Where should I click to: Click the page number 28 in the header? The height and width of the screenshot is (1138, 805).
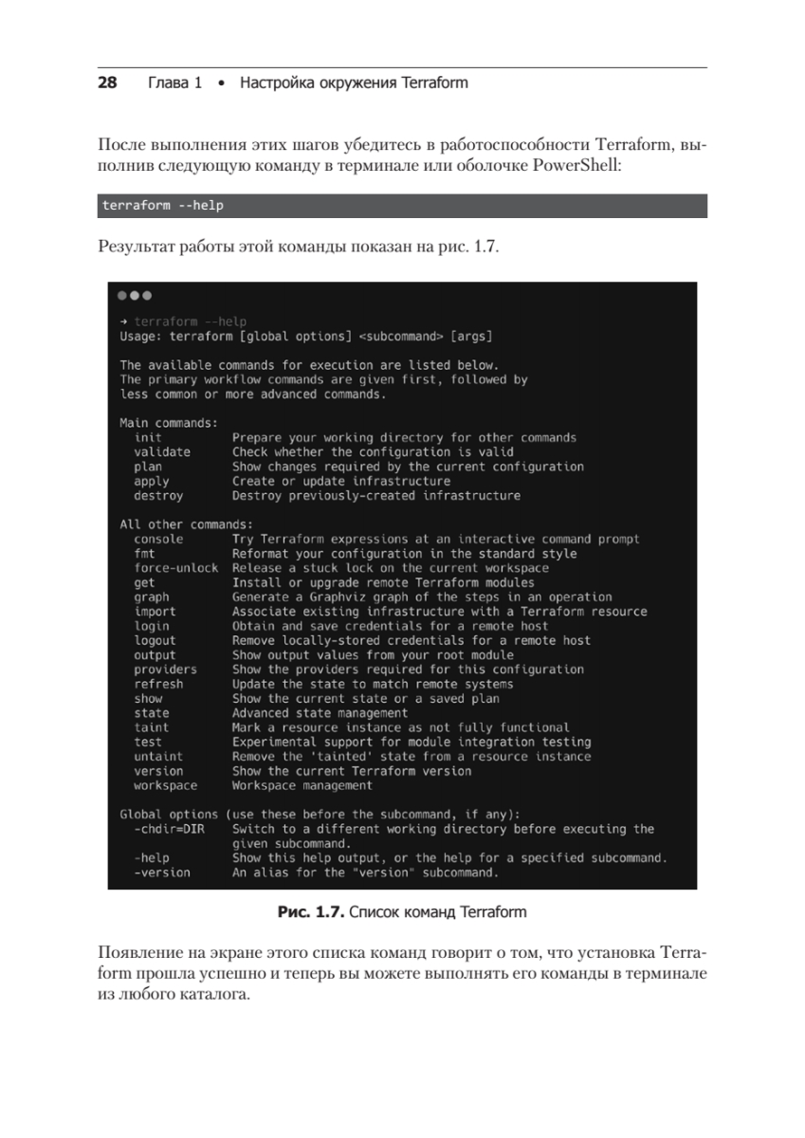coord(107,83)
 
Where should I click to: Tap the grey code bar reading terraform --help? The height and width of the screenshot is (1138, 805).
coord(403,206)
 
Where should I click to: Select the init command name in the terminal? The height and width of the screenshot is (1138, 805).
coord(148,438)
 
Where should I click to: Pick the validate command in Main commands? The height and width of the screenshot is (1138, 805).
coord(162,452)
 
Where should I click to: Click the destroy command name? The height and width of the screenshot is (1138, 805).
coord(158,496)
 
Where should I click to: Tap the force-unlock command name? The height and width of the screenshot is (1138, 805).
coord(175,568)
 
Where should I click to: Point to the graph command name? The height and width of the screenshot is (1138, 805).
coord(152,597)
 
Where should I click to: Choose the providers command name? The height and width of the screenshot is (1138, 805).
coord(165,670)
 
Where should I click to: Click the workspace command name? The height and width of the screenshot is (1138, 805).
coord(165,786)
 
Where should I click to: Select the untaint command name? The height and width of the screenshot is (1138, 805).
coord(158,757)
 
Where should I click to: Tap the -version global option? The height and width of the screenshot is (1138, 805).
coord(162,872)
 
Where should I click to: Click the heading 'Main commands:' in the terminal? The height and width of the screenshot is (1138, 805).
coord(169,423)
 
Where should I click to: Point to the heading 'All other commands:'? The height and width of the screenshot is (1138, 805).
coord(186,524)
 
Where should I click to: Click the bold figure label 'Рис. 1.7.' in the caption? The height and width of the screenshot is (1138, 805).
coord(310,913)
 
